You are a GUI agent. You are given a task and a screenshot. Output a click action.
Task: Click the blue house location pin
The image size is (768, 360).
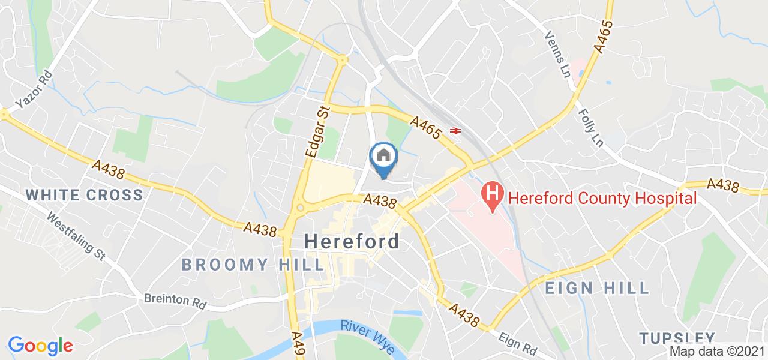pyautogui.click(x=383, y=158)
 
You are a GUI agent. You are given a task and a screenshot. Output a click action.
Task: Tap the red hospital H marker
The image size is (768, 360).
pyautogui.click(x=492, y=196)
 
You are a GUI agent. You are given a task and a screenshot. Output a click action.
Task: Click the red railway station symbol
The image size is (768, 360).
pyautogui.click(x=454, y=130)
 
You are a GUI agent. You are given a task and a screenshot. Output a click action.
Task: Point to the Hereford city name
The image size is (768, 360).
pyautogui.click(x=352, y=241)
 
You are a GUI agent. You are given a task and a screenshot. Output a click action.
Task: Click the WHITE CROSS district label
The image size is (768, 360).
pyautogui.click(x=85, y=194)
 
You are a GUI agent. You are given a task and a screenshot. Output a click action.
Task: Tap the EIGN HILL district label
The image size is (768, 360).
pyautogui.click(x=597, y=288)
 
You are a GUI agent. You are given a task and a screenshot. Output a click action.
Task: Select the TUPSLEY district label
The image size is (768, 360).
pyautogui.click(x=676, y=338)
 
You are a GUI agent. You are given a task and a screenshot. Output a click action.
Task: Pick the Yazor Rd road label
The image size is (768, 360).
pyautogui.click(x=34, y=91)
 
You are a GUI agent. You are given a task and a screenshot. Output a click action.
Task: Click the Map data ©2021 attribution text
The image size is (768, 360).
pyautogui.click(x=718, y=352)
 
